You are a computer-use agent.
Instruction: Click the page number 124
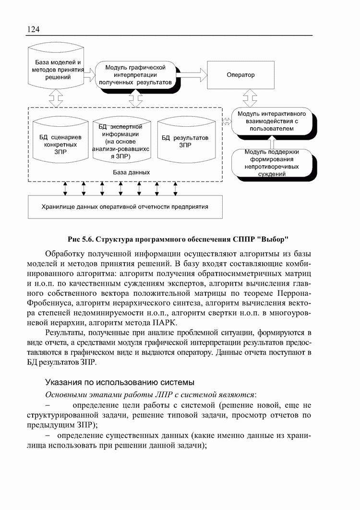pos(33,30)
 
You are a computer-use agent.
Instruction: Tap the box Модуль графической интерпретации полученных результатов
pos(135,75)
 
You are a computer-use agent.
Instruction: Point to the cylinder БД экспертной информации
pos(124,142)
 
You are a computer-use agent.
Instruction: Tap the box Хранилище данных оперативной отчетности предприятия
pos(125,207)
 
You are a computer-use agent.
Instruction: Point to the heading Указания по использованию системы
pos(120,382)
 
